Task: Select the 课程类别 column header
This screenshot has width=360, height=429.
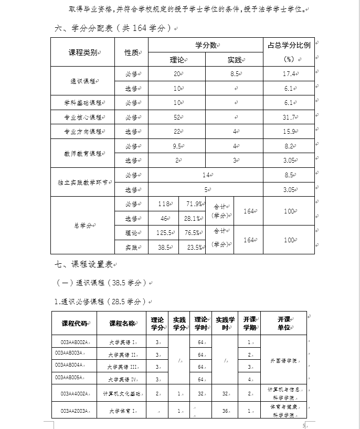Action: coord(83,52)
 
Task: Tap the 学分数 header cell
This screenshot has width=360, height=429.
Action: coord(206,45)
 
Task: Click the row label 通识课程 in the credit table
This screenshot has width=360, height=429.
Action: coord(83,81)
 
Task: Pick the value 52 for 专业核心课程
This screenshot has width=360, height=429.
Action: coord(177,117)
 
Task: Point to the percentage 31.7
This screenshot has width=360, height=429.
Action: coord(289,117)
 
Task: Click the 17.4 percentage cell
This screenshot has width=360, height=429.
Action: coord(289,74)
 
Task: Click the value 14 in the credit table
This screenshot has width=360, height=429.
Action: coord(206,175)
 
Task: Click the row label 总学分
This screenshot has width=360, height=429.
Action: coord(82,225)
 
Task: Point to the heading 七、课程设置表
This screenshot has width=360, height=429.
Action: coord(84,264)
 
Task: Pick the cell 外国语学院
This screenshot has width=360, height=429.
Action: coord(283,361)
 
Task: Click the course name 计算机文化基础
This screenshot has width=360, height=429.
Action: coord(122,393)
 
